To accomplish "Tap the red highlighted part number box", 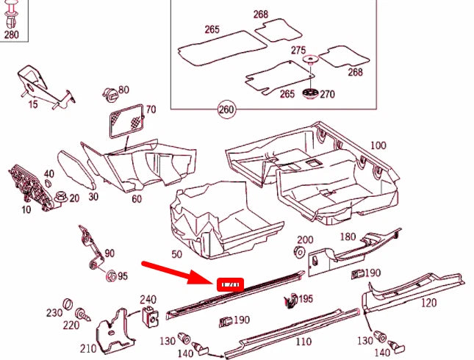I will coord(230,284).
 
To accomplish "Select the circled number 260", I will coord(226,111).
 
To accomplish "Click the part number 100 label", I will coord(377,145).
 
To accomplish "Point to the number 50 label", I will coord(176,254).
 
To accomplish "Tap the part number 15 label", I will coord(32,104).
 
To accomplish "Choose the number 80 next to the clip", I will coord(123,90).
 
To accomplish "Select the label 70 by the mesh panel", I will coord(151,110).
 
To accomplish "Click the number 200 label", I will coord(304,240).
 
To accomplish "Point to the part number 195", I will coord(306,299).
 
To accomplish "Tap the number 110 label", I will coord(302,342).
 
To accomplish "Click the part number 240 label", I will coord(148,299).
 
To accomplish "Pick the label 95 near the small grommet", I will coord(122,276).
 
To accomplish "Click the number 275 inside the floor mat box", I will coord(298,50).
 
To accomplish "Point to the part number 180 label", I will coord(347,237).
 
